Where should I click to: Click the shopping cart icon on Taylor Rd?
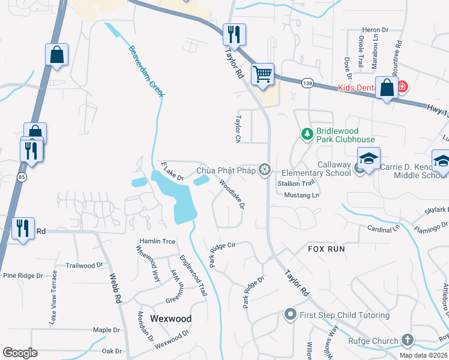pos(262,74)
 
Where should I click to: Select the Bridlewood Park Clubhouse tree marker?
pos(307,134)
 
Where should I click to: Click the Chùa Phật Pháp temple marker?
pos(264,170)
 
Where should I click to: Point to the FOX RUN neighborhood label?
pos(327,248)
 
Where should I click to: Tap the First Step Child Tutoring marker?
pos(291,314)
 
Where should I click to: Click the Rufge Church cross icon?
pos(408,341)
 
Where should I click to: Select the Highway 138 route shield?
pos(307,83)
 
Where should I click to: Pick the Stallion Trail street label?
pos(296,183)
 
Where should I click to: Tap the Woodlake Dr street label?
pos(232,194)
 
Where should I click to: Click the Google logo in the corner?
pos(20,352)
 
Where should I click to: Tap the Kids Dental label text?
pos(357,88)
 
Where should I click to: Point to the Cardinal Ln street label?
pos(384,229)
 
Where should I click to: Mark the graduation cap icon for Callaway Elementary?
pos(368,158)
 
